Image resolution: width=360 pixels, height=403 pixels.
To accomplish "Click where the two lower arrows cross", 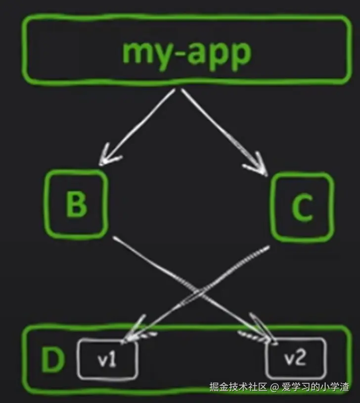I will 197,292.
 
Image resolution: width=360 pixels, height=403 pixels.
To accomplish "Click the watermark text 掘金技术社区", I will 238,387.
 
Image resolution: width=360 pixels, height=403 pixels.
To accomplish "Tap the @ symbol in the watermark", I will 275,387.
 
